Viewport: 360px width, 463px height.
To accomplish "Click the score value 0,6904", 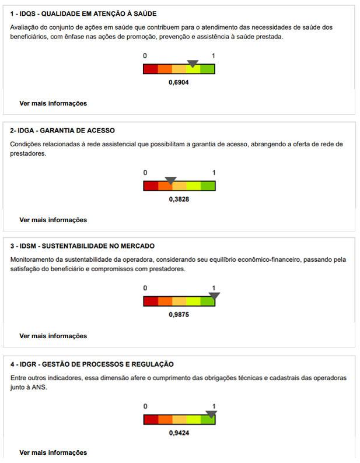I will (x=179, y=83).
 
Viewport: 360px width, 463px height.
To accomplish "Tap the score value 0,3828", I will (x=179, y=199).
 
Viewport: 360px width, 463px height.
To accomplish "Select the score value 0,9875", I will (x=179, y=315).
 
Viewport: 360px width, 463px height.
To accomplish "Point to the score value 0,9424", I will (x=179, y=433).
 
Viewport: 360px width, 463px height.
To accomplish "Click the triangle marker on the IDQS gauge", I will (x=193, y=63).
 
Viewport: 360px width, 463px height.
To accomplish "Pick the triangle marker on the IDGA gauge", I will (x=170, y=180).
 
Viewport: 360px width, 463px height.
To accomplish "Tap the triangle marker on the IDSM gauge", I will (x=214, y=296).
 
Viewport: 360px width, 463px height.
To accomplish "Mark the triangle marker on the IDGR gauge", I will (x=211, y=414).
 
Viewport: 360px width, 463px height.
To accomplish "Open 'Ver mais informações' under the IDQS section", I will (x=53, y=103).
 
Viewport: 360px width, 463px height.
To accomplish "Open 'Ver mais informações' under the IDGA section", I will (x=53, y=220).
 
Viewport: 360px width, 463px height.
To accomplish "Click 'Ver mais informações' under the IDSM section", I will (x=53, y=336).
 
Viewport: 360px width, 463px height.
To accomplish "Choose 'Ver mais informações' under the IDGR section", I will (x=53, y=453).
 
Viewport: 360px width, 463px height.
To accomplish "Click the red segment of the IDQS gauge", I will (x=151, y=69).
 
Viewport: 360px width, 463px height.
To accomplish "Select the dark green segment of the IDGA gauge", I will (x=208, y=186).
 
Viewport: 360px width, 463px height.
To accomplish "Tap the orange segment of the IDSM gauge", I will (x=165, y=301).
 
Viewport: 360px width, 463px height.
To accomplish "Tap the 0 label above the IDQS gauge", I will (x=145, y=56).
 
